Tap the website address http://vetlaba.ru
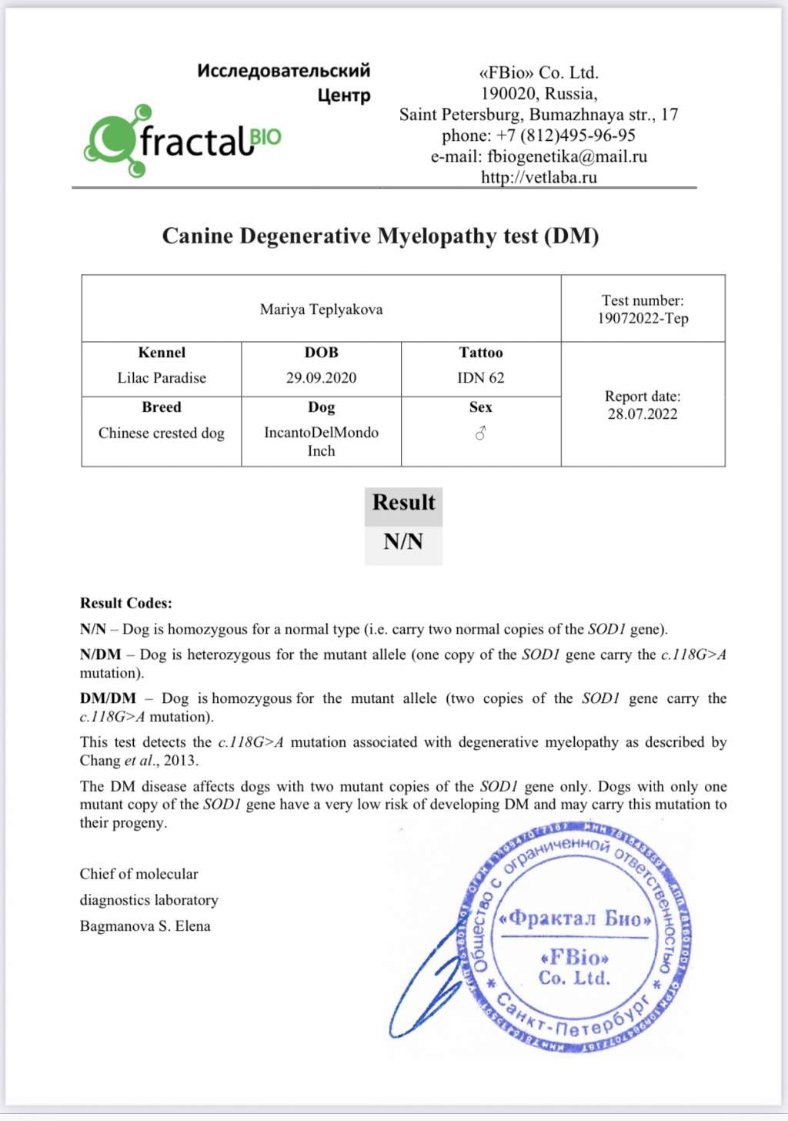click(x=539, y=177)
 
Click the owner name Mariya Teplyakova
click(x=321, y=310)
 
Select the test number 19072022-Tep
click(x=643, y=319)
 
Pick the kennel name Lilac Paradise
click(x=162, y=378)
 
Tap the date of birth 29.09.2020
click(x=321, y=378)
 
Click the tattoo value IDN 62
click(x=481, y=378)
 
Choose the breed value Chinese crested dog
click(x=162, y=433)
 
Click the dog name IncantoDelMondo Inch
click(x=321, y=441)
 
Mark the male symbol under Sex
click(x=481, y=434)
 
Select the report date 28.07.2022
click(x=643, y=414)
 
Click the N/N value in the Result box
click(x=403, y=542)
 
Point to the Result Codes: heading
click(x=126, y=604)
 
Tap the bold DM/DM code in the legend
click(x=108, y=698)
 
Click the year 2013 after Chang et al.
click(x=180, y=761)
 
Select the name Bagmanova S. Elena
click(x=145, y=926)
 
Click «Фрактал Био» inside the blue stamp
click(x=575, y=919)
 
